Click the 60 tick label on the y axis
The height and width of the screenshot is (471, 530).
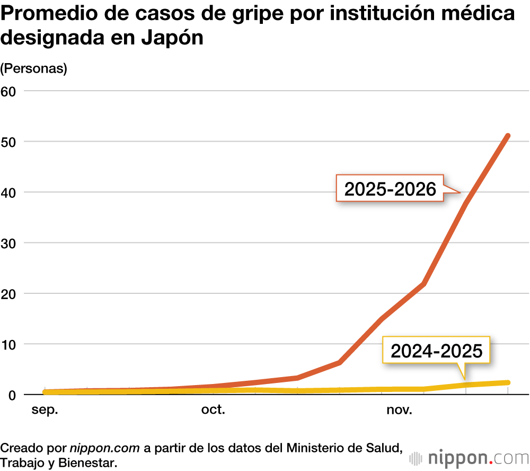[x=8, y=91]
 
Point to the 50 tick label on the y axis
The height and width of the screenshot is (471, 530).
[x=8, y=142]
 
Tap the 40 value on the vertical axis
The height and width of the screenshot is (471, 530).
[x=8, y=193]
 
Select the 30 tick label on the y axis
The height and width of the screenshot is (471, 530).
[x=8, y=243]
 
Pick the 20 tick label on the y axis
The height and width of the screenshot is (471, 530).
[x=8, y=294]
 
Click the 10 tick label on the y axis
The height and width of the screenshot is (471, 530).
[x=8, y=344]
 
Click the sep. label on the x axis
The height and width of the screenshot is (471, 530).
[x=45, y=410]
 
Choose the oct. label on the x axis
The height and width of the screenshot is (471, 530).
[x=213, y=410]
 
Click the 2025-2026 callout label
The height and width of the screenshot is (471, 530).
[x=390, y=189]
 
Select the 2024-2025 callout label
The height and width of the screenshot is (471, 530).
[x=437, y=351]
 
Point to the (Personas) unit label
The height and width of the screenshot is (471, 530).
[x=33, y=69]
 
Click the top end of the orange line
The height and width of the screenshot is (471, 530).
[x=508, y=136]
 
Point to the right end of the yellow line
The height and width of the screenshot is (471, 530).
[x=508, y=382]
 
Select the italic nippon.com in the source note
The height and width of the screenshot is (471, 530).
[x=105, y=448]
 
